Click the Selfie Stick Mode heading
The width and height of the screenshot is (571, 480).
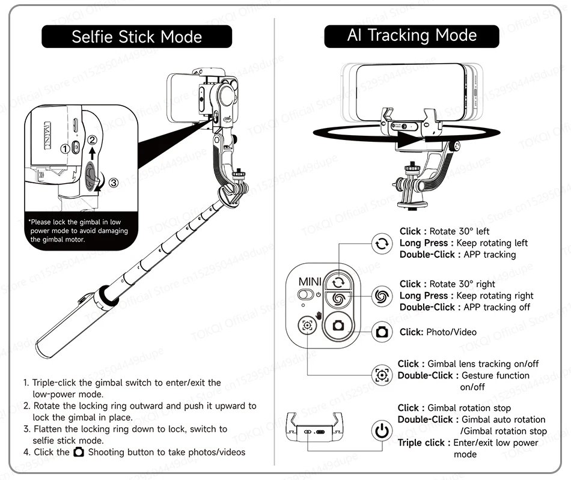click(136, 37)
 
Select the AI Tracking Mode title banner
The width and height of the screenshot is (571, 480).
click(411, 36)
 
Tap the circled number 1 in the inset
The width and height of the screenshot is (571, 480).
click(65, 148)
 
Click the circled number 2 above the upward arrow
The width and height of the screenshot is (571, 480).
click(92, 140)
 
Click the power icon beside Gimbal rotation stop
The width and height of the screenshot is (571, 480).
click(380, 431)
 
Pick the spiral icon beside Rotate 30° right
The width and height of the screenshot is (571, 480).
click(381, 295)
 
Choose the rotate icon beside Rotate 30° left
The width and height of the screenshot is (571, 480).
click(381, 243)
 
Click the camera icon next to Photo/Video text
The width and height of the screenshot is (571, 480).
click(381, 332)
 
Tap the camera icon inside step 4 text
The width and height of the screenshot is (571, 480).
click(79, 452)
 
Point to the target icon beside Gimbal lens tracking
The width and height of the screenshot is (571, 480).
click(381, 375)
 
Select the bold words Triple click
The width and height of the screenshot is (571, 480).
click(421, 443)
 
